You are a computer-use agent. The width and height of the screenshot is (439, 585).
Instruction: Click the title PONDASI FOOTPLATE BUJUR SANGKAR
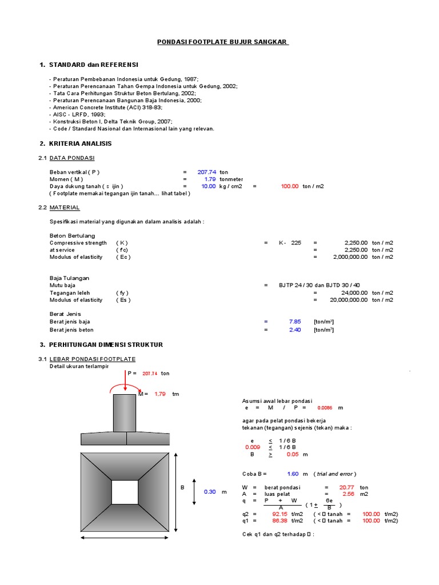[x=224, y=42]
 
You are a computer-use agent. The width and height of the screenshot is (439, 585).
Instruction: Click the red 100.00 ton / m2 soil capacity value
[x=289, y=186]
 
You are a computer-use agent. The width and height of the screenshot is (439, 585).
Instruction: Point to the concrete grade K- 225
[x=290, y=243]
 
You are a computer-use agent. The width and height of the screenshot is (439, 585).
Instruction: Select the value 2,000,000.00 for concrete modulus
[x=350, y=257]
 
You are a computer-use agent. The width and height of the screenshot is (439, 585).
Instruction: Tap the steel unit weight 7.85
[x=294, y=321]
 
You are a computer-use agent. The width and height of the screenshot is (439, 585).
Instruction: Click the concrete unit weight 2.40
[x=294, y=330]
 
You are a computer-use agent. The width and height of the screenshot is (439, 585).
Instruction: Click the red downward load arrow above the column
[x=125, y=382]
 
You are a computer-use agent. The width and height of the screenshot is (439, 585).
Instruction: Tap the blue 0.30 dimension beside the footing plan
[x=210, y=492]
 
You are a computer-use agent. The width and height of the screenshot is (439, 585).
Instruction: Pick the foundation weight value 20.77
[x=346, y=487]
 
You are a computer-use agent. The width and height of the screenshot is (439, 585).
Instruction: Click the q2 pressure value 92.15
[x=280, y=514]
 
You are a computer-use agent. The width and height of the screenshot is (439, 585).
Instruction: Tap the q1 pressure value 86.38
[x=280, y=520]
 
